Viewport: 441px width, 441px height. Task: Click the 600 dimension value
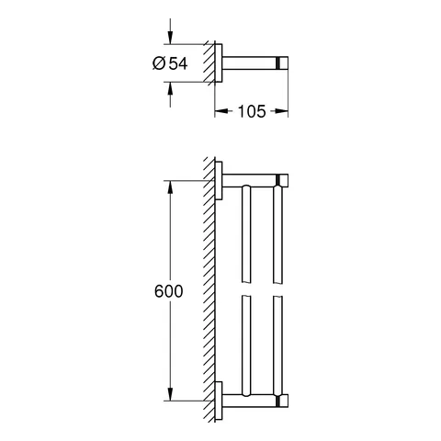168,291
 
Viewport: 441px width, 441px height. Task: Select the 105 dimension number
251,111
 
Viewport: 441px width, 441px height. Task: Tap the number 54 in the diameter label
179,62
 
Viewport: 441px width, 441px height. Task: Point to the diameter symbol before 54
158,62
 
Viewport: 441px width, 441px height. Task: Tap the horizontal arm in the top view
250,62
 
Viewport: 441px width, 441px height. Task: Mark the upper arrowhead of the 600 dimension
168,187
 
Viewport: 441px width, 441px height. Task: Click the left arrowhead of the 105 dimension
220,111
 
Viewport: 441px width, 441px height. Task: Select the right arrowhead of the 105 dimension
284,111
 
